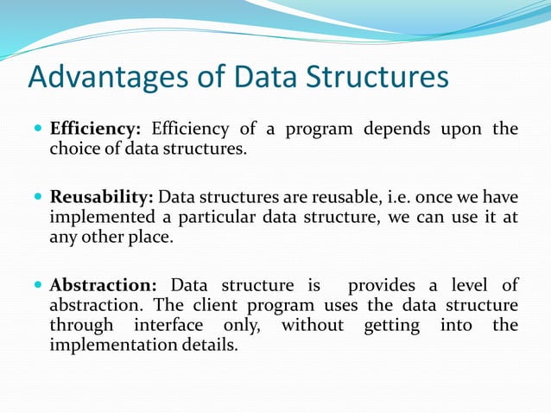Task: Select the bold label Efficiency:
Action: pyautogui.click(x=95, y=130)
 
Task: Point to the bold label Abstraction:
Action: pyautogui.click(x=103, y=285)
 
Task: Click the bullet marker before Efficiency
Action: pyautogui.click(x=37, y=130)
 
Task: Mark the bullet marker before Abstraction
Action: pyautogui.click(x=37, y=285)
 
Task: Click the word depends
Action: pyautogui.click(x=402, y=130)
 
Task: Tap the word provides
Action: pyautogui.click(x=383, y=285)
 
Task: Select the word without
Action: pyautogui.click(x=312, y=325)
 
